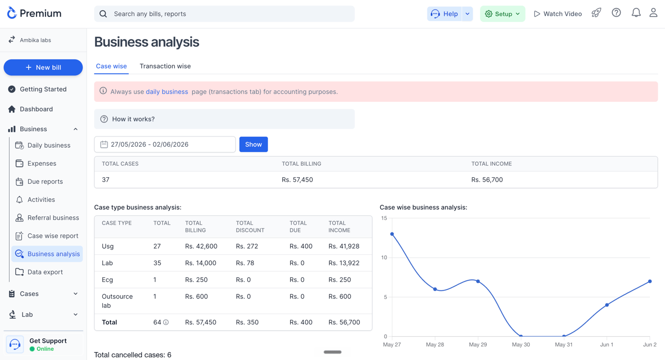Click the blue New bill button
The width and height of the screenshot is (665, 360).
(43, 67)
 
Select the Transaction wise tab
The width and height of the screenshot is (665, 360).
(165, 66)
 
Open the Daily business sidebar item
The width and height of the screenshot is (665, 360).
(49, 145)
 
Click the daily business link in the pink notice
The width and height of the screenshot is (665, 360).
(167, 92)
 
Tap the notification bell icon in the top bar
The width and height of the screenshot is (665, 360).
(636, 13)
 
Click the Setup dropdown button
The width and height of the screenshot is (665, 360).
(502, 14)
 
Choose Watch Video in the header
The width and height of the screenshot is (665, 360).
(558, 14)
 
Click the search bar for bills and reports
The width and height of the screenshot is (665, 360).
(224, 14)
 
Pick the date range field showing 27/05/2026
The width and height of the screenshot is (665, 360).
(165, 144)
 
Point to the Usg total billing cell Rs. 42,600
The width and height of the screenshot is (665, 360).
(201, 246)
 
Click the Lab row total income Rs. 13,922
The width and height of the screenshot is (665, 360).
(344, 263)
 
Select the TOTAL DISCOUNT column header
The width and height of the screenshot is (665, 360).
(250, 227)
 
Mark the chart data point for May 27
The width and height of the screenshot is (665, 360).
(392, 234)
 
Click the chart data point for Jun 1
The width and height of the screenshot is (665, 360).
(607, 305)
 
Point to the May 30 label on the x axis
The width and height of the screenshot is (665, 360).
(521, 344)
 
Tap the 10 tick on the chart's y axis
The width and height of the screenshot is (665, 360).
(384, 258)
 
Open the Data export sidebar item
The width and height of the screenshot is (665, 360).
(45, 272)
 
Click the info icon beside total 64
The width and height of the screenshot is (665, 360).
(166, 322)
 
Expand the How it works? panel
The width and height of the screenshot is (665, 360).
(224, 119)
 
